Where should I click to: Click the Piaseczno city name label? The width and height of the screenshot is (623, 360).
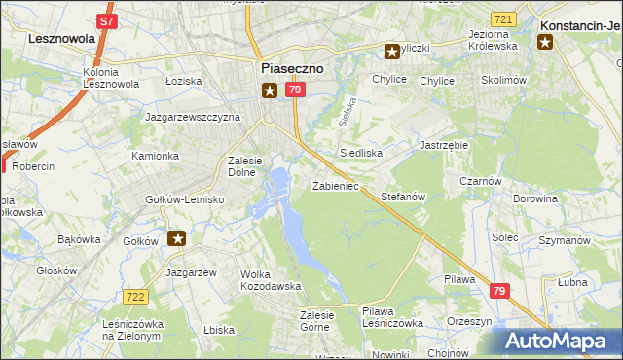[292, 68]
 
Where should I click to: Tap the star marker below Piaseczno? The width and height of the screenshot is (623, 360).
[270, 90]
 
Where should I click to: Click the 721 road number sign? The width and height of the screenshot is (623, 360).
[503, 19]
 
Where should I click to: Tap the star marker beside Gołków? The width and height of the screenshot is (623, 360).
[177, 237]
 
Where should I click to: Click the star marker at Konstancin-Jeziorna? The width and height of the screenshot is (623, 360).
[545, 41]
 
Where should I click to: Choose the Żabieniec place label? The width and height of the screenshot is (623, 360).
[336, 185]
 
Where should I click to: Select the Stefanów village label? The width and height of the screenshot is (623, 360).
[403, 197]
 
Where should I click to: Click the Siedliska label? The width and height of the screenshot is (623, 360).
[360, 154]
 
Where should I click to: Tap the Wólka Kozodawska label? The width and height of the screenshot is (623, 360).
[271, 280]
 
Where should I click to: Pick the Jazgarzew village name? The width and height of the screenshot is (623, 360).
[191, 272]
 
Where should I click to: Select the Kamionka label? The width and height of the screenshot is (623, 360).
[156, 156]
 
